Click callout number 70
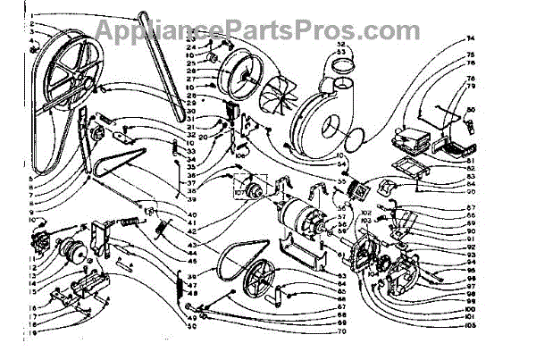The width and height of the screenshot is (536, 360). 316,331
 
